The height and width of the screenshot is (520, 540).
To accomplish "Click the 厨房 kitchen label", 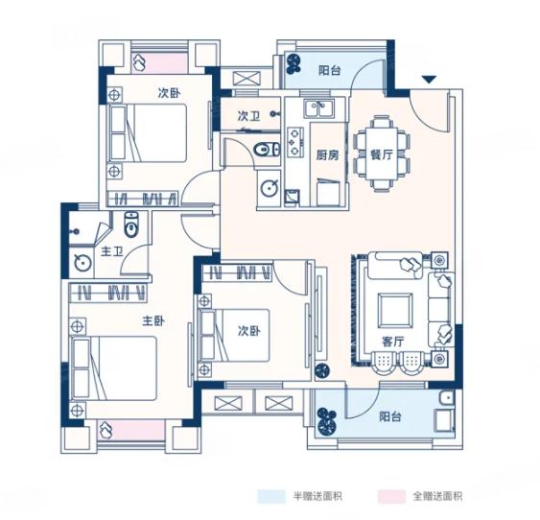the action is [327, 155].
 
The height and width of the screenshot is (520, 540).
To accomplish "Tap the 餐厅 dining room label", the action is [381, 155].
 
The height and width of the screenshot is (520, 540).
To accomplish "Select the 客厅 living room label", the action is [392, 342].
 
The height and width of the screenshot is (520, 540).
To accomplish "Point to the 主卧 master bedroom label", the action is [153, 321].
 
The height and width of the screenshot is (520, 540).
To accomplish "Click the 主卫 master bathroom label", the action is [112, 252].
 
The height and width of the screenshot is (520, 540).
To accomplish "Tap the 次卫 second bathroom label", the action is [248, 116].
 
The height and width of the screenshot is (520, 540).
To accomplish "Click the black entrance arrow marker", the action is [429, 80].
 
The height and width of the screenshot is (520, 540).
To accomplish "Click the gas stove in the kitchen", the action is [294, 142].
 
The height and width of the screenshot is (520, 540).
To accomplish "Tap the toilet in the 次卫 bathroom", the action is [268, 150].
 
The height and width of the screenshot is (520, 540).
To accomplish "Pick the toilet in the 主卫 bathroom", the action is [130, 225].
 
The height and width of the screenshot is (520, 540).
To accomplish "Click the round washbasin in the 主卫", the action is [83, 263].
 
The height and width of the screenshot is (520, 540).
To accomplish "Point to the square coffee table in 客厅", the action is [395, 311].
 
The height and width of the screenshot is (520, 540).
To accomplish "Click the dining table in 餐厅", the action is [382, 154].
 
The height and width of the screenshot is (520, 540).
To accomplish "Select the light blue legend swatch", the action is [271, 497].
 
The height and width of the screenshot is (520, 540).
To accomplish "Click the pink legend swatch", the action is [391, 497].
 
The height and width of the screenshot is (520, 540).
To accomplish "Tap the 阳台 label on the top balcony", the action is [330, 71].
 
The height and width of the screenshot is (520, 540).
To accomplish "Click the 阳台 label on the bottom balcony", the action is [390, 416].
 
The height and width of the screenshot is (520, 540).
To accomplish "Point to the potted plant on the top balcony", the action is [293, 64].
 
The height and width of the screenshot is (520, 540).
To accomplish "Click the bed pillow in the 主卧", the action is [81, 368].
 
